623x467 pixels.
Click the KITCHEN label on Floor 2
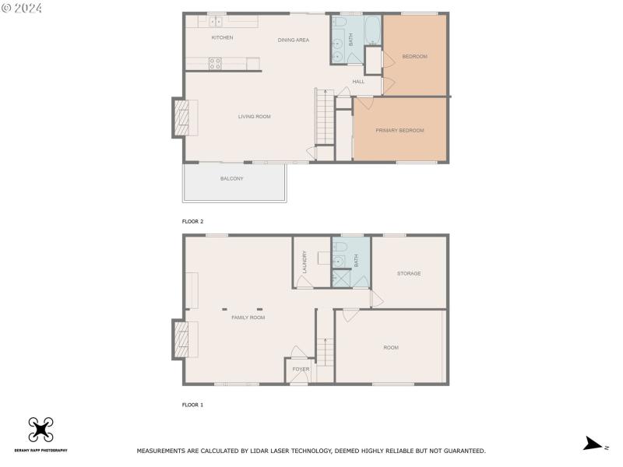point(222,37)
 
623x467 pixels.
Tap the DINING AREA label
point(294,40)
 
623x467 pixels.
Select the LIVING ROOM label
point(254,117)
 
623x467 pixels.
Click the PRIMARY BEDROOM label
point(399,130)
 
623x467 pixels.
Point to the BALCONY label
point(231,179)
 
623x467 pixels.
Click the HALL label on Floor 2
point(358,82)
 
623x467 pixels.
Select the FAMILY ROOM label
point(248,318)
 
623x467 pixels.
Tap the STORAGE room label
point(409,273)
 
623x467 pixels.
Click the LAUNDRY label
point(304,260)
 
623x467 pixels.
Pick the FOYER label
point(301,369)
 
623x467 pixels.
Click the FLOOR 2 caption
point(192,222)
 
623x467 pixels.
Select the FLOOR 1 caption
point(192,406)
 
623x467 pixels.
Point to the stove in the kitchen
point(215,64)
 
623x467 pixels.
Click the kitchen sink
point(216,23)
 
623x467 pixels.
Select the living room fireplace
point(180,118)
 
